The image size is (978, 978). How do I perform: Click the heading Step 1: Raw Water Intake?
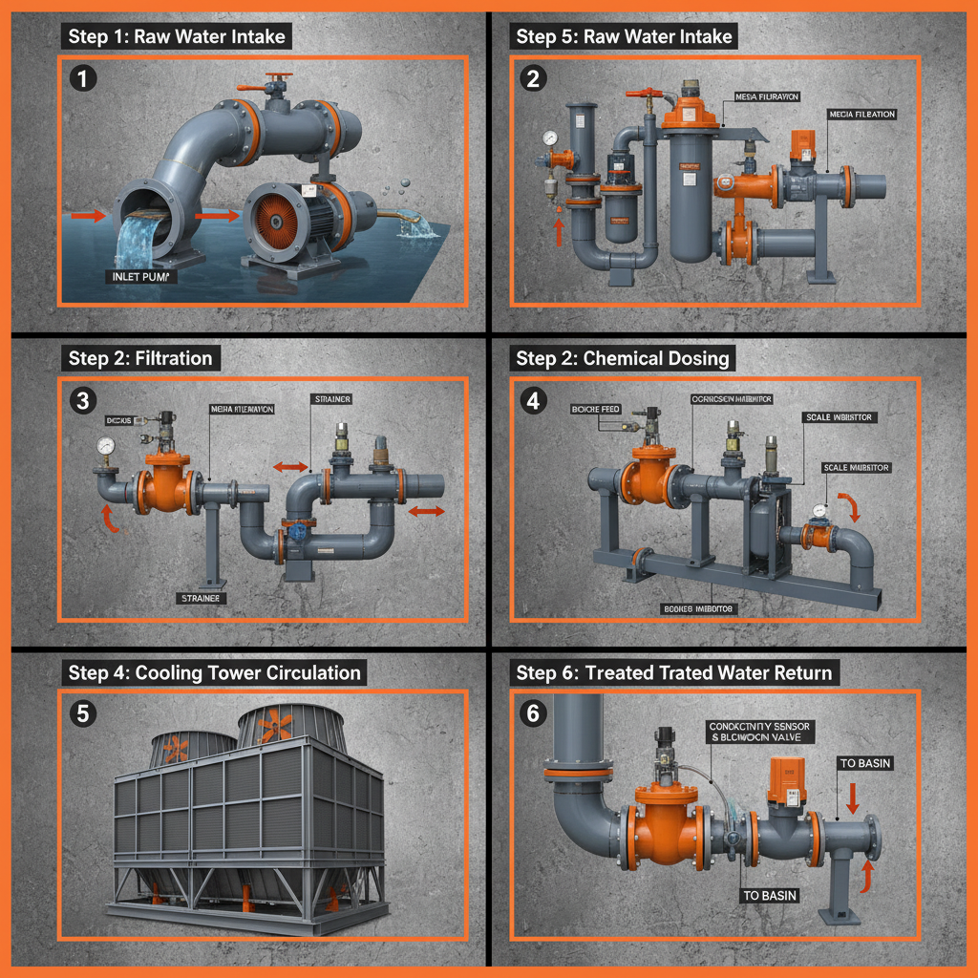(x=177, y=37)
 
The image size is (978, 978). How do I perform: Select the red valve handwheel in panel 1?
(x=279, y=78)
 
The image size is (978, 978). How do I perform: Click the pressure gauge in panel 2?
(x=550, y=138)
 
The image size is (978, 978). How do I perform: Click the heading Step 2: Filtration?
(x=140, y=359)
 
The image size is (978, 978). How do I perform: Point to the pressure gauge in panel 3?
(x=104, y=445)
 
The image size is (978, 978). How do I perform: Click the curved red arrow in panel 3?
(x=110, y=519)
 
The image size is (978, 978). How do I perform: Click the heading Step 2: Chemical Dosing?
(x=623, y=359)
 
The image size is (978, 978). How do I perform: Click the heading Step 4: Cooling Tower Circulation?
(x=215, y=672)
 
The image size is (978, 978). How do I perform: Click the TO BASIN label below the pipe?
(x=771, y=895)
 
